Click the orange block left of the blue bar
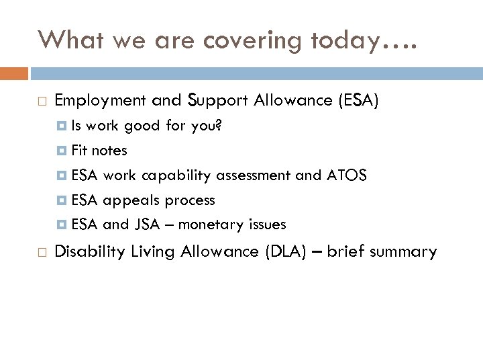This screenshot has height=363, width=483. point(14,73)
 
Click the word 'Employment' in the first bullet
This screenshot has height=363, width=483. point(100,101)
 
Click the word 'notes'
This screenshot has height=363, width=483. point(109,151)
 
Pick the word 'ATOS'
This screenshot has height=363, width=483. point(346,175)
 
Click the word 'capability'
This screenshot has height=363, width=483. point(174,175)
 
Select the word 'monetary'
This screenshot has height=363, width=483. point(215,224)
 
